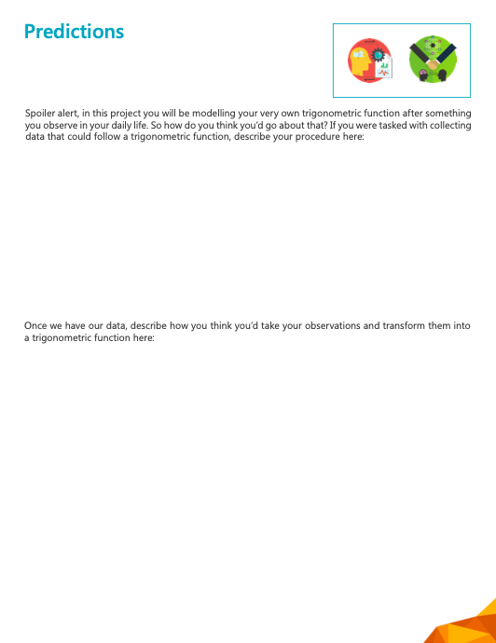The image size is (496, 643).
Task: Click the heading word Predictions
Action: (74, 32)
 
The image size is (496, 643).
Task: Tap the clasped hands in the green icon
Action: (432, 65)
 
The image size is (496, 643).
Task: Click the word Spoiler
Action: (41, 113)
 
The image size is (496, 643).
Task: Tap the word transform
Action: (404, 326)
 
